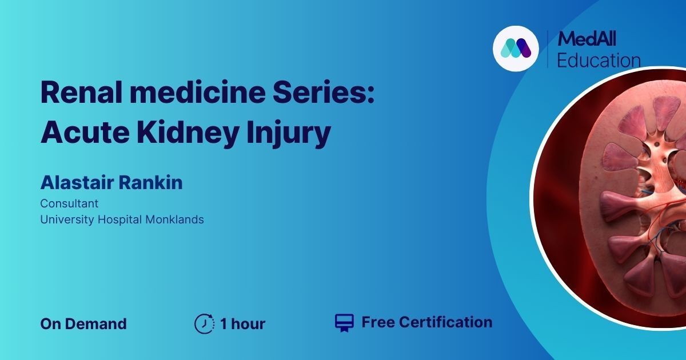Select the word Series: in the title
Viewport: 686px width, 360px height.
click(324, 93)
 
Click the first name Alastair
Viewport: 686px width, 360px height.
click(77, 182)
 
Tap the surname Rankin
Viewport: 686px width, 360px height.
click(151, 182)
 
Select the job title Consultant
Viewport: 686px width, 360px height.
click(69, 203)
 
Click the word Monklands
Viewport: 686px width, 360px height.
click(174, 219)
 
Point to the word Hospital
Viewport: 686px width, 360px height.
click(119, 220)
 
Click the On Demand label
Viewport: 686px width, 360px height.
click(83, 323)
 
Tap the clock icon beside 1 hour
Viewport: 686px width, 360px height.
click(204, 323)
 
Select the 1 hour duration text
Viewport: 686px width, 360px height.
click(243, 323)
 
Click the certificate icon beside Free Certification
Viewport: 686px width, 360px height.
click(344, 323)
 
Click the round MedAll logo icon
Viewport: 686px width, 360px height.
click(516, 49)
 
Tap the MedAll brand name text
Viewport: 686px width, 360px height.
click(586, 39)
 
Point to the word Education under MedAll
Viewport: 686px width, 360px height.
click(599, 60)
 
